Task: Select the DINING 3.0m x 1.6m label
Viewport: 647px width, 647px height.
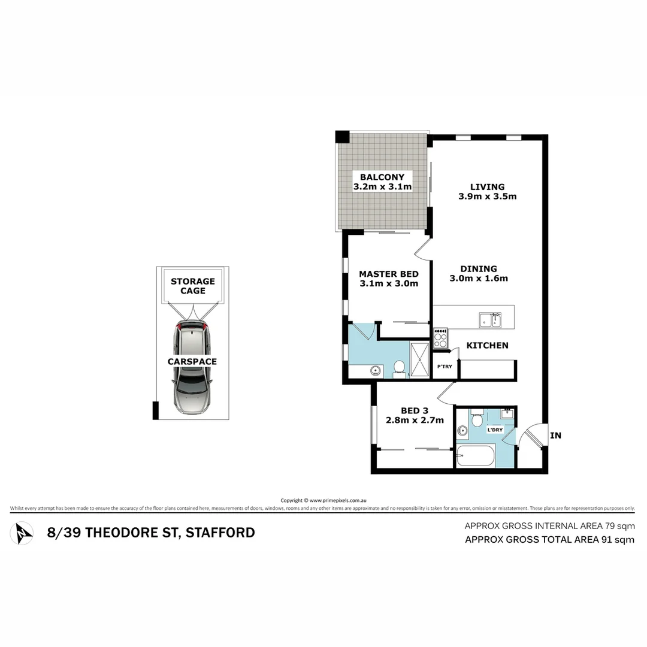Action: point(479,273)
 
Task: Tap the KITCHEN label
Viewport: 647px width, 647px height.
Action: point(487,345)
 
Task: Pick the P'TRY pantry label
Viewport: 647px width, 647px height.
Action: point(444,367)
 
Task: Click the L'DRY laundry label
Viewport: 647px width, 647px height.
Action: point(495,430)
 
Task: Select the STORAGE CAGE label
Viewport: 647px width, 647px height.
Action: point(192,286)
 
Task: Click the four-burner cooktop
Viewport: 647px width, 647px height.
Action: point(440,338)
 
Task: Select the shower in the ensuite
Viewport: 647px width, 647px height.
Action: point(419,360)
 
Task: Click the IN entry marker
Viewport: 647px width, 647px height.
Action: point(555,436)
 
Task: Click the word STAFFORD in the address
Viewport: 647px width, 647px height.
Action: point(220,533)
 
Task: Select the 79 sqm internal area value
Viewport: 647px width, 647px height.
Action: point(618,526)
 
